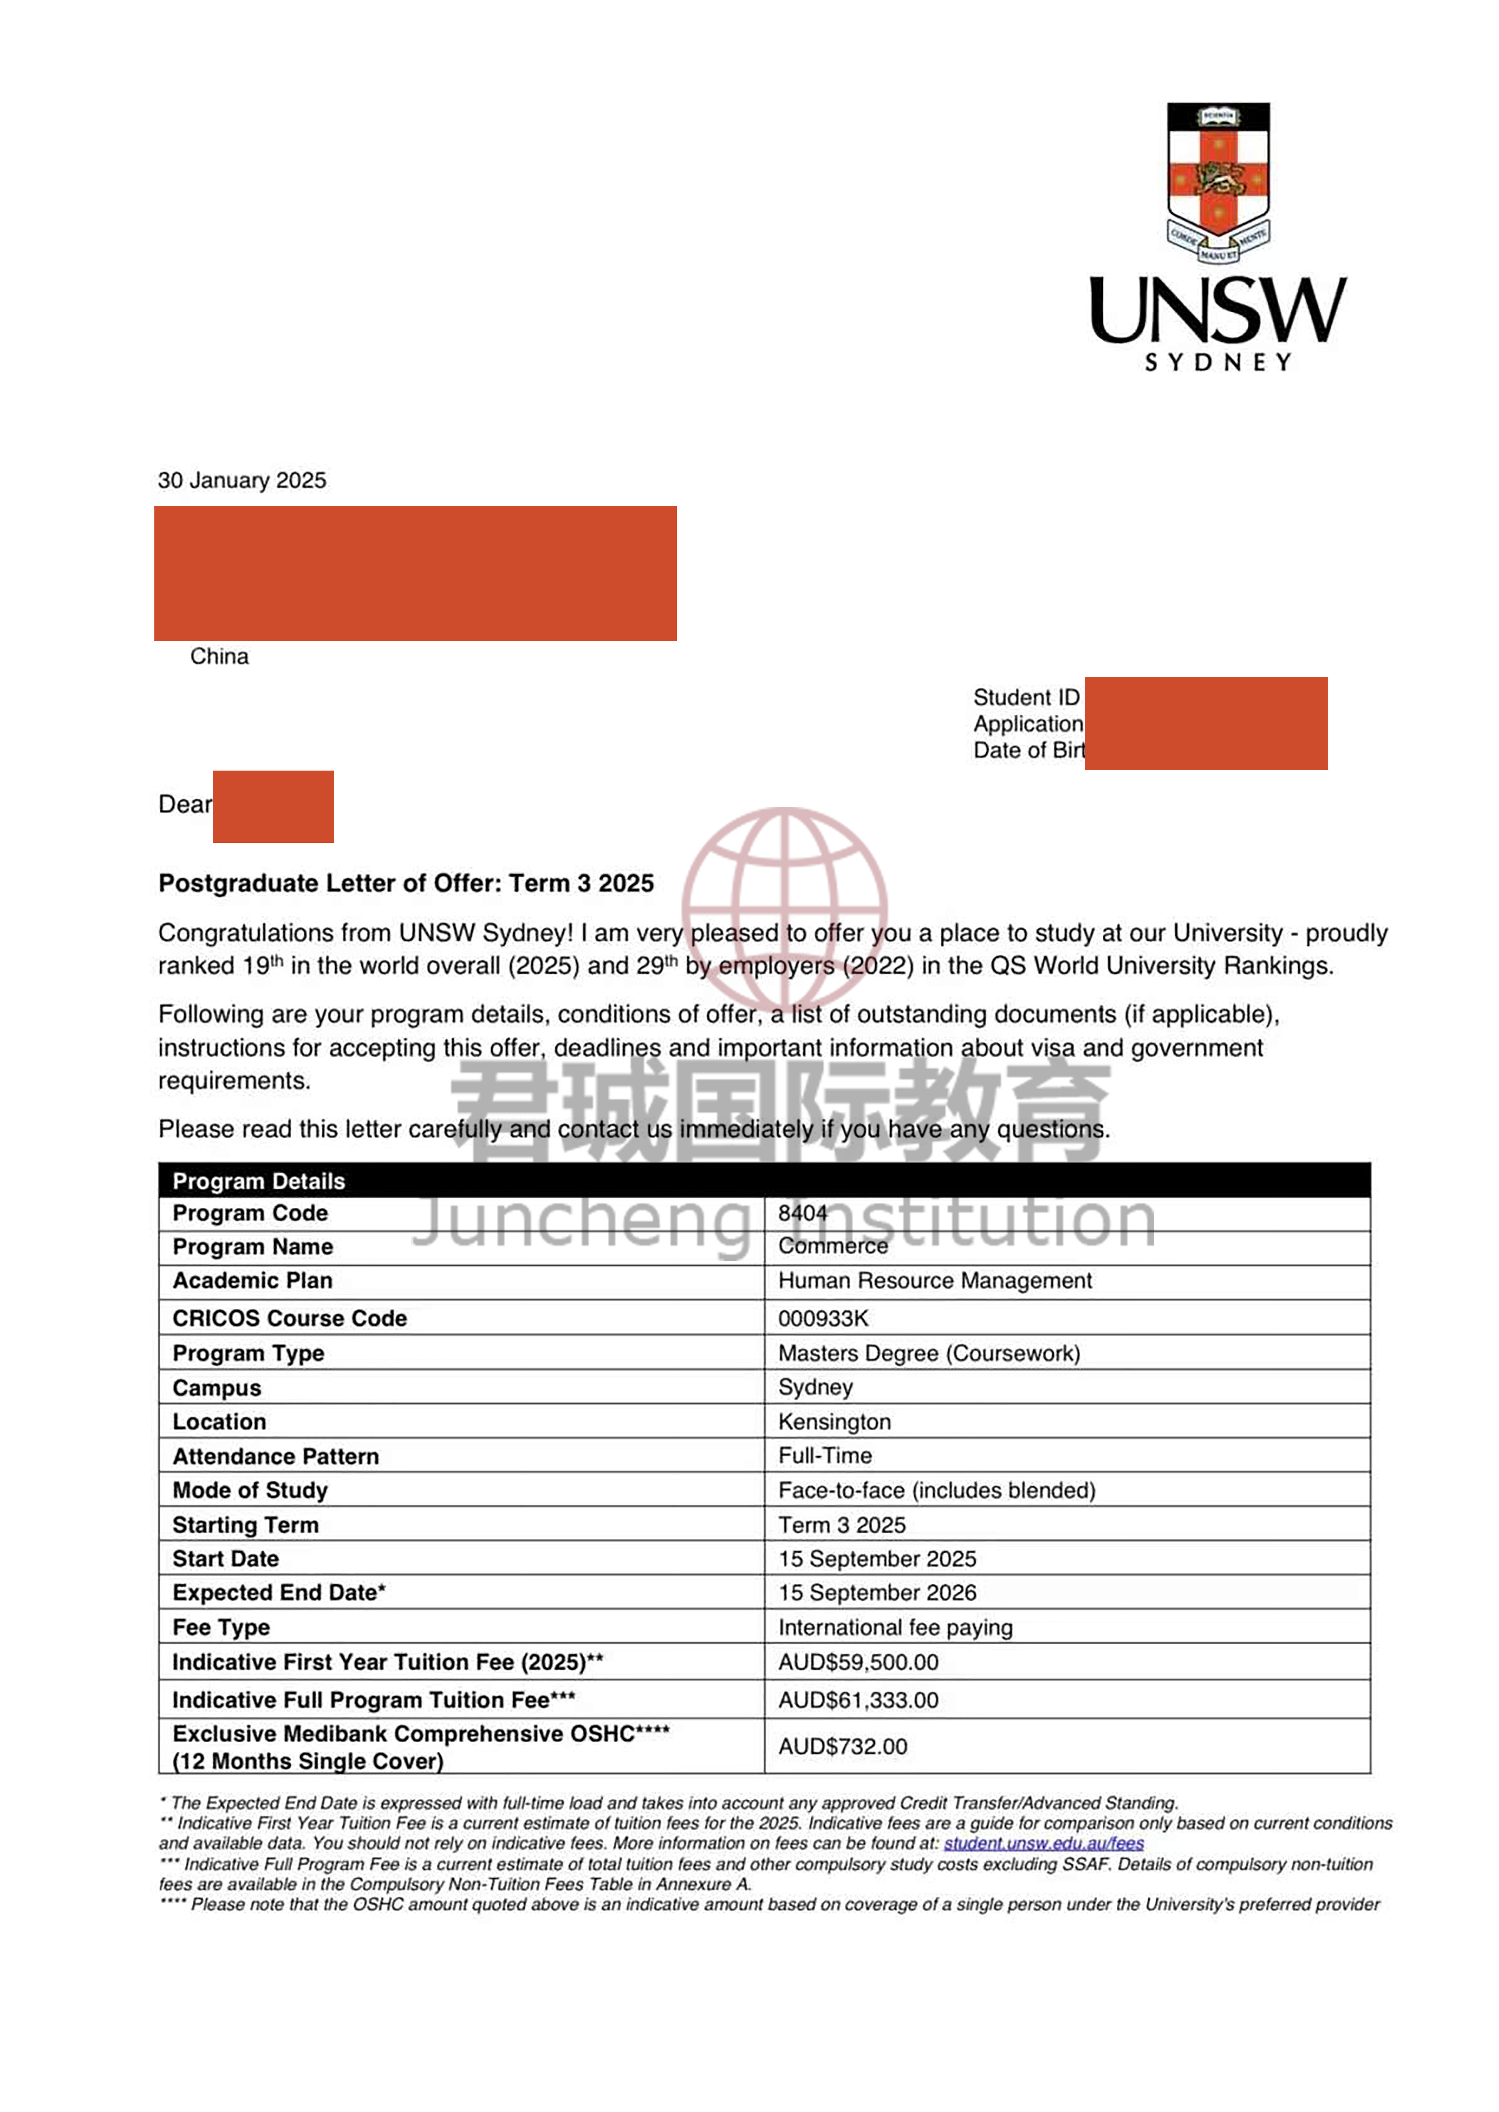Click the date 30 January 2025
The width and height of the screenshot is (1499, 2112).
pyautogui.click(x=242, y=481)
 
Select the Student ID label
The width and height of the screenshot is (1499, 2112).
pyautogui.click(x=1026, y=697)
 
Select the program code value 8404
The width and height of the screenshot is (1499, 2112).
pyautogui.click(x=802, y=1213)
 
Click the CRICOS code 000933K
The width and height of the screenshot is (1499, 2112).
pyautogui.click(x=822, y=1318)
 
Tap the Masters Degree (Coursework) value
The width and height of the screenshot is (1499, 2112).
pyautogui.click(x=929, y=1354)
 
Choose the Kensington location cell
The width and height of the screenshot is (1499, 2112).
pyautogui.click(x=835, y=1422)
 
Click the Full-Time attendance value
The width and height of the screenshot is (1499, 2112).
pyautogui.click(x=824, y=1456)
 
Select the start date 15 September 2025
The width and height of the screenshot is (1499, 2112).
pyautogui.click(x=877, y=1559)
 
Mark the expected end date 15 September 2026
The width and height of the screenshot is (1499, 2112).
pyautogui.click(x=877, y=1593)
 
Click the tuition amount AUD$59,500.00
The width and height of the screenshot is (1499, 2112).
pyautogui.click(x=858, y=1663)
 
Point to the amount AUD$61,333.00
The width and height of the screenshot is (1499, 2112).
pyautogui.click(x=858, y=1701)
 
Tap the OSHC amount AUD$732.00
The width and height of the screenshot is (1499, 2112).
pyautogui.click(x=843, y=1747)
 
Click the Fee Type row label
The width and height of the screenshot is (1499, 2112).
pyautogui.click(x=221, y=1627)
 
